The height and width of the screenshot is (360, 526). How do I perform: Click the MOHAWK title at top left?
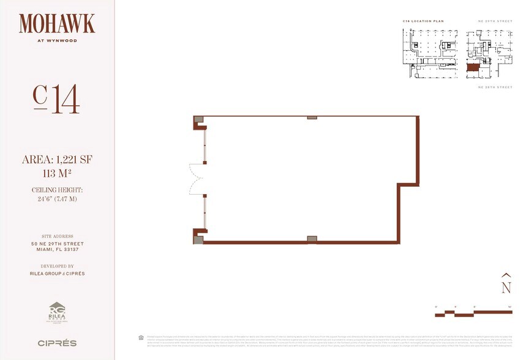(x=57, y=24)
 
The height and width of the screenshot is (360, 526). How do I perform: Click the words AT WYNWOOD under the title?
(x=57, y=42)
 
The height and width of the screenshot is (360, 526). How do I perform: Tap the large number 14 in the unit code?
(x=66, y=100)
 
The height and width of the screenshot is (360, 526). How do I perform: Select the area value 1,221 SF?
(x=57, y=160)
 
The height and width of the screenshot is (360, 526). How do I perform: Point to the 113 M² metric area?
(x=57, y=173)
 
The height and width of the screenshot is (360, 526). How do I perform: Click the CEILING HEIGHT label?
(x=57, y=190)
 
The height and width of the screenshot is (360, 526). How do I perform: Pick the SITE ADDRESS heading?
(x=57, y=236)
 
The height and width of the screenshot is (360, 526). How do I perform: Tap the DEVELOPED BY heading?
(x=57, y=266)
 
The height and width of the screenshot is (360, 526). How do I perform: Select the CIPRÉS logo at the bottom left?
(x=57, y=343)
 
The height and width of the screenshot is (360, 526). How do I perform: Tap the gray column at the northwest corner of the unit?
(x=198, y=120)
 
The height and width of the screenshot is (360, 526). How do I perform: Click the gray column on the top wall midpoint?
(x=312, y=117)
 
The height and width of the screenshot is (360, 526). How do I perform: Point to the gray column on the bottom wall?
(x=312, y=239)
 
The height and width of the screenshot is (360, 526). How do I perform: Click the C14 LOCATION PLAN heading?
(x=423, y=21)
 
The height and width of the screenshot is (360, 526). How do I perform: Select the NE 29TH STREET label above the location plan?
(x=495, y=21)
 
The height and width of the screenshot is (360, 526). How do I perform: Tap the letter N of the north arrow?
(x=506, y=287)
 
